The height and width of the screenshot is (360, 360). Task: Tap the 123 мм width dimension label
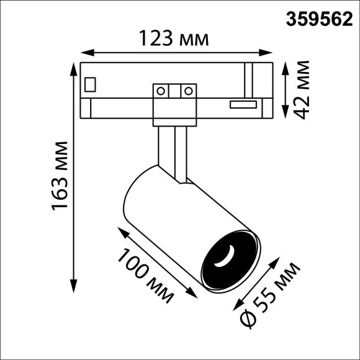[x=173, y=40]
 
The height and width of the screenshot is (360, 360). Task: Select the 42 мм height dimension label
[x=303, y=89]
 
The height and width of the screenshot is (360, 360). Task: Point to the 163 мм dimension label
[x=60, y=174]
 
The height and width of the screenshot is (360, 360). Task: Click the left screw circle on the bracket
[x=161, y=91]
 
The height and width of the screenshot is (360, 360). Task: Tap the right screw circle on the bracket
[x=186, y=91]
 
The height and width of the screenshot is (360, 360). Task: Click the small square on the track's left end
[x=91, y=83]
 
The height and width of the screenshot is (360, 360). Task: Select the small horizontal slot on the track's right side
[x=244, y=104]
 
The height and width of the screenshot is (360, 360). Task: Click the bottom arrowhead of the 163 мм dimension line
[x=74, y=290]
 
